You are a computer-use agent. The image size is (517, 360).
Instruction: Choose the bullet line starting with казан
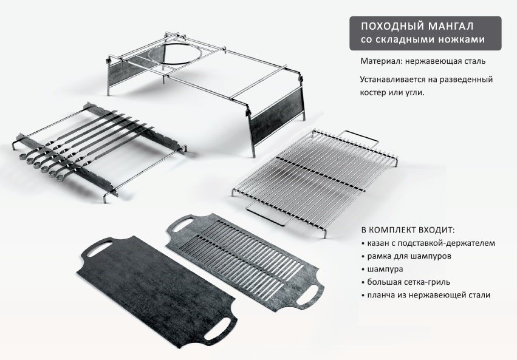428,243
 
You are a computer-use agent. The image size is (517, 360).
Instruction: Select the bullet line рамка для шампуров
406,256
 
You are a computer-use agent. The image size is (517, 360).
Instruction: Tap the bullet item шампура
382,269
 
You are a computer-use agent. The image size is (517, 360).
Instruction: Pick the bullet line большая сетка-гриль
406,282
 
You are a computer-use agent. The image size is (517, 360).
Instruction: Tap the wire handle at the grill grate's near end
265,214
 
